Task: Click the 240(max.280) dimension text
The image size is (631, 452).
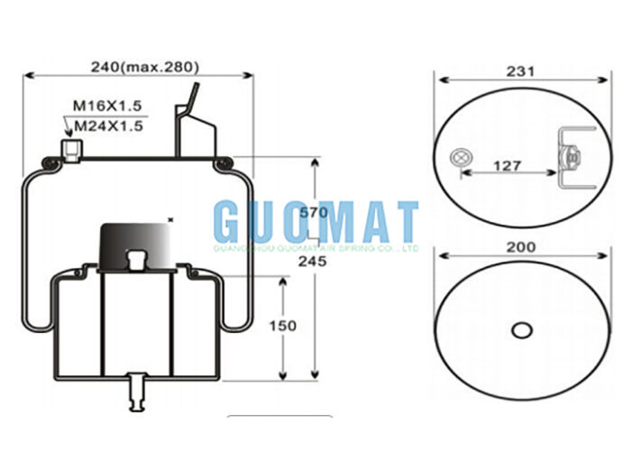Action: tap(144, 66)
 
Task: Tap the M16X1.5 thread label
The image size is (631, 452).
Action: tap(107, 107)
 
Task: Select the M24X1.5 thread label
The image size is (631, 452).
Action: tap(108, 126)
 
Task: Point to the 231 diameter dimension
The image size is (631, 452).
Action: tap(522, 70)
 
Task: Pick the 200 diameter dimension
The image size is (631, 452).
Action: tap(521, 247)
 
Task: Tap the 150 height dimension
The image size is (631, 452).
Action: tap(282, 326)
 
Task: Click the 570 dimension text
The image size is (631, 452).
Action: tap(312, 214)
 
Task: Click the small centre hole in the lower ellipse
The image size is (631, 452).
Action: tap(521, 330)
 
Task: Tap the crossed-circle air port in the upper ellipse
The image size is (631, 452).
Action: tap(462, 160)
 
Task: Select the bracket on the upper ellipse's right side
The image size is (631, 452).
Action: tap(570, 158)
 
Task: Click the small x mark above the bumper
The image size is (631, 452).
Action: tap(170, 217)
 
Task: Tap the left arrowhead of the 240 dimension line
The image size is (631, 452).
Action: tap(27, 76)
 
